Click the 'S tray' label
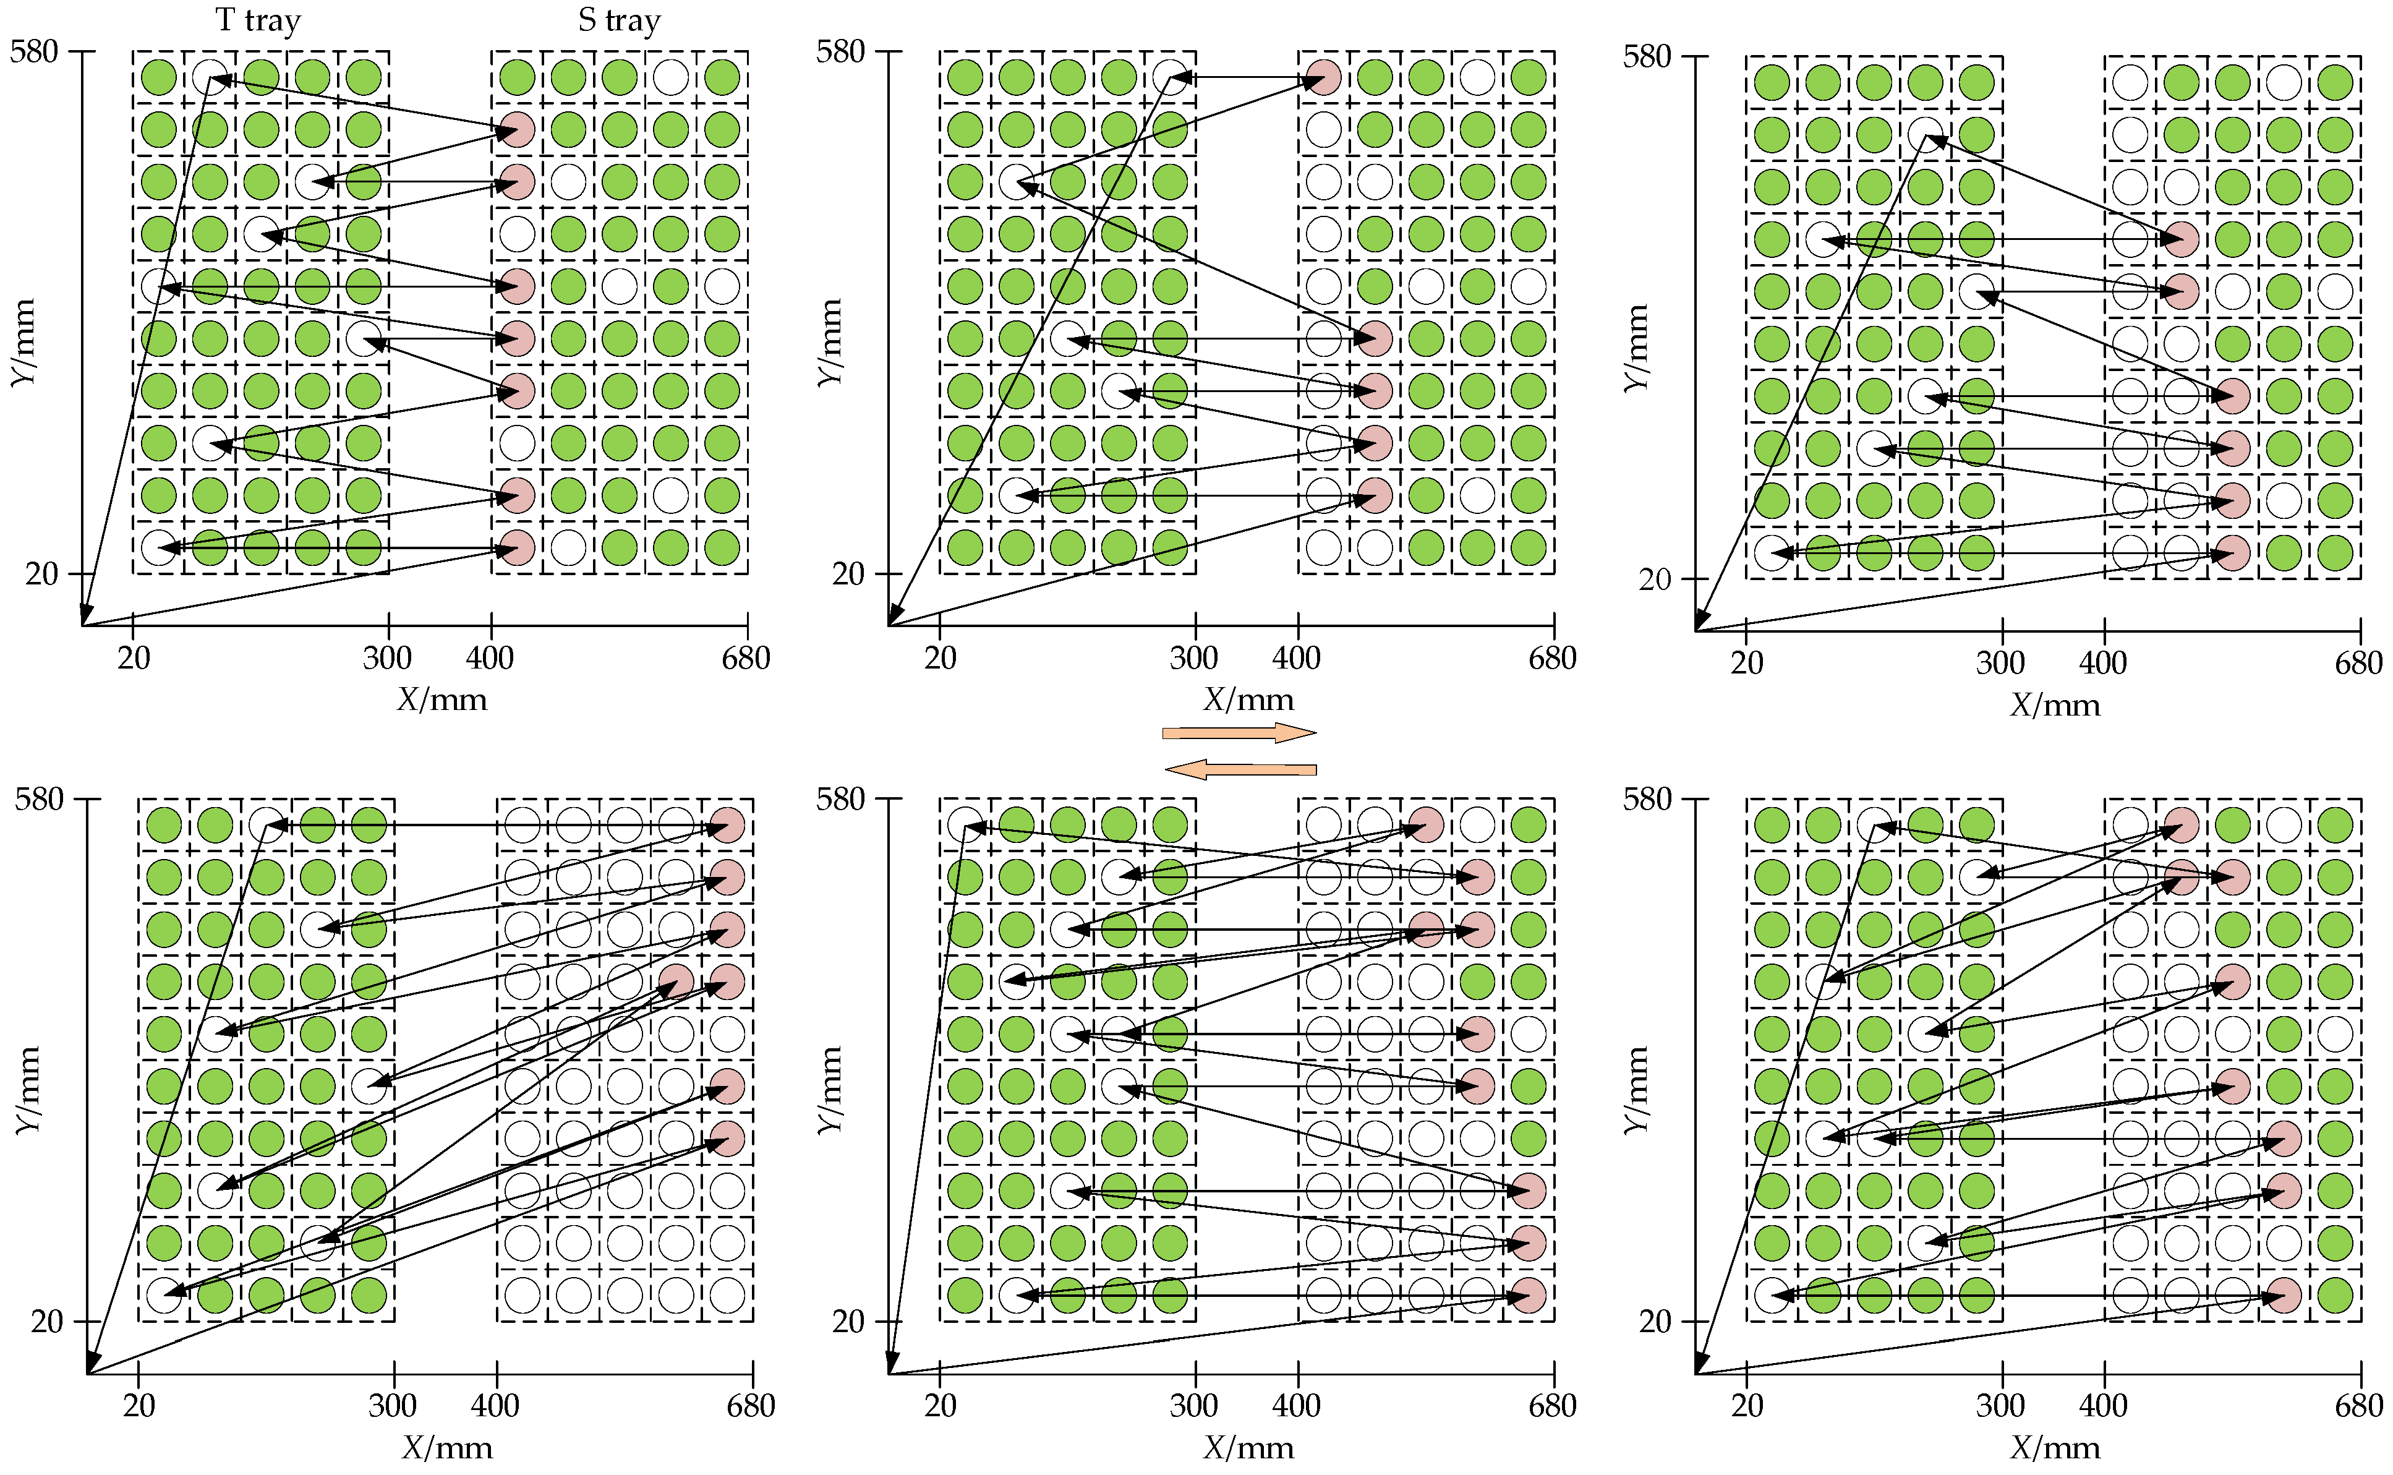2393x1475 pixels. point(618,20)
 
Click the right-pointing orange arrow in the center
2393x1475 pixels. point(1239,733)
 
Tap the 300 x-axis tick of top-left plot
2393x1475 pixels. point(387,659)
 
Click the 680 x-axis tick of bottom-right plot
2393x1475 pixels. point(2358,1406)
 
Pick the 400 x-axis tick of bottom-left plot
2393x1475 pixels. point(495,1406)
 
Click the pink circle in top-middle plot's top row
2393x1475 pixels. point(1323,77)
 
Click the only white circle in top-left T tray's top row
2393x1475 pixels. point(210,77)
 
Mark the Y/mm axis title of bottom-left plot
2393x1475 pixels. point(28,1090)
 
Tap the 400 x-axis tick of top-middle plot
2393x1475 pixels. point(1296,659)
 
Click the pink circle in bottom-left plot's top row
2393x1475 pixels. point(727,825)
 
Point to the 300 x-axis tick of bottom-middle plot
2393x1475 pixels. point(1193,1406)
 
